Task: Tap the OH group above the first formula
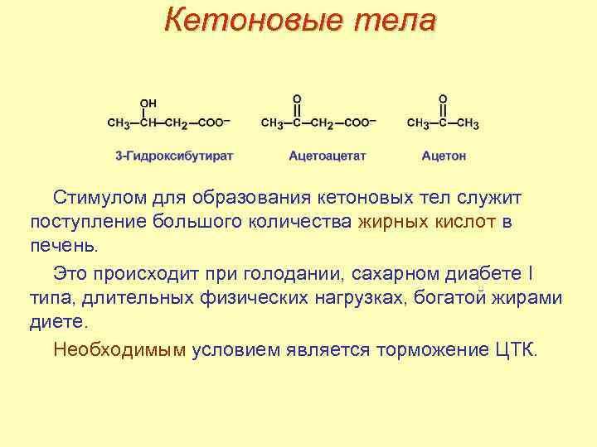pyautogui.click(x=148, y=103)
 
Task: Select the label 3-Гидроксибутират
pyautogui.click(x=174, y=155)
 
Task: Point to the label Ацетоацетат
pyautogui.click(x=328, y=155)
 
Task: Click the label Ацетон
pyautogui.click(x=444, y=155)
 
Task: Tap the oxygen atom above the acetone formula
pyautogui.click(x=443, y=97)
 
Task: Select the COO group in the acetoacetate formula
pyautogui.click(x=360, y=123)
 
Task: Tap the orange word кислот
pyautogui.click(x=465, y=223)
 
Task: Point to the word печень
pyautogui.click(x=63, y=246)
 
